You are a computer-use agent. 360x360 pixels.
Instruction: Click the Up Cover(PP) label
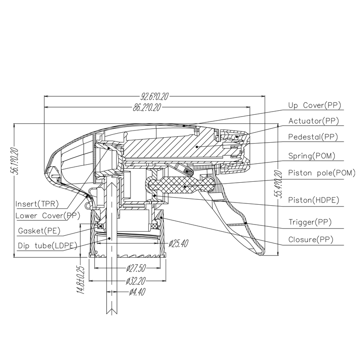pyautogui.click(x=314, y=105)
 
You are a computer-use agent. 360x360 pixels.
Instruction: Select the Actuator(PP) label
pyautogui.click(x=313, y=121)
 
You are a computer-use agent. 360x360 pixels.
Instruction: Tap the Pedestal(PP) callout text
pyautogui.click(x=313, y=137)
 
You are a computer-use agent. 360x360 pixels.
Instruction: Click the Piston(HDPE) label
pyautogui.click(x=314, y=200)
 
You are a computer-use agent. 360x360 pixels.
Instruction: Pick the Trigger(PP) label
pyautogui.click(x=310, y=222)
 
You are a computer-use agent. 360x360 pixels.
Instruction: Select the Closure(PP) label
pyautogui.click(x=311, y=239)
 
